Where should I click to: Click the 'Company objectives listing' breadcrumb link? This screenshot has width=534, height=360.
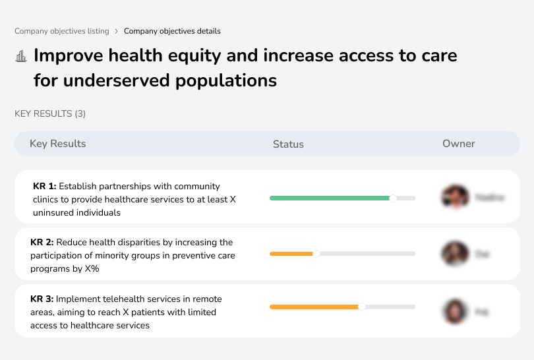[62, 31]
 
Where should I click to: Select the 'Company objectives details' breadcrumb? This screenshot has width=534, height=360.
[172, 31]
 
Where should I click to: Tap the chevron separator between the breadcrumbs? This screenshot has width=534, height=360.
[117, 31]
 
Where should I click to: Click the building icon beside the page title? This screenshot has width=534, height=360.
[21, 56]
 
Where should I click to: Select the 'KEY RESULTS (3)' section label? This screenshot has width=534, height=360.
[50, 114]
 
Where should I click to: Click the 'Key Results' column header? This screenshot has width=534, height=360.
[58, 144]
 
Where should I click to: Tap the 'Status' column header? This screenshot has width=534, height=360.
[288, 144]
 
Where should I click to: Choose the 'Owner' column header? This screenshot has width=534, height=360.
[459, 144]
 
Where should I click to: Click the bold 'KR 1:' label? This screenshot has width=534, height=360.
[44, 187]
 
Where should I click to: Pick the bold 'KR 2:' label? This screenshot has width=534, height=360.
[43, 243]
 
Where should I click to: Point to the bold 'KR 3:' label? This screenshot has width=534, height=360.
[43, 299]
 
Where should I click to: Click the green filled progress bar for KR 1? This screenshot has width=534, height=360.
[330, 198]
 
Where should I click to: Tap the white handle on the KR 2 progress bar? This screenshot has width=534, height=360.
[316, 254]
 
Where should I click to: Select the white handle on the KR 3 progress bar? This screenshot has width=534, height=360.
[361, 307]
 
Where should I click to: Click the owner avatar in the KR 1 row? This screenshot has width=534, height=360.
[455, 197]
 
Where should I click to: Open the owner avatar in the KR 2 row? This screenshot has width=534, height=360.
[455, 254]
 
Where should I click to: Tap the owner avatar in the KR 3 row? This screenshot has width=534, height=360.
[455, 311]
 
